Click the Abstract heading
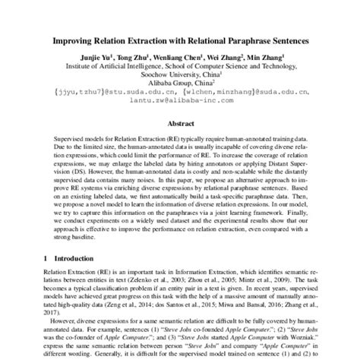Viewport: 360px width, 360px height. tap(180, 123)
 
